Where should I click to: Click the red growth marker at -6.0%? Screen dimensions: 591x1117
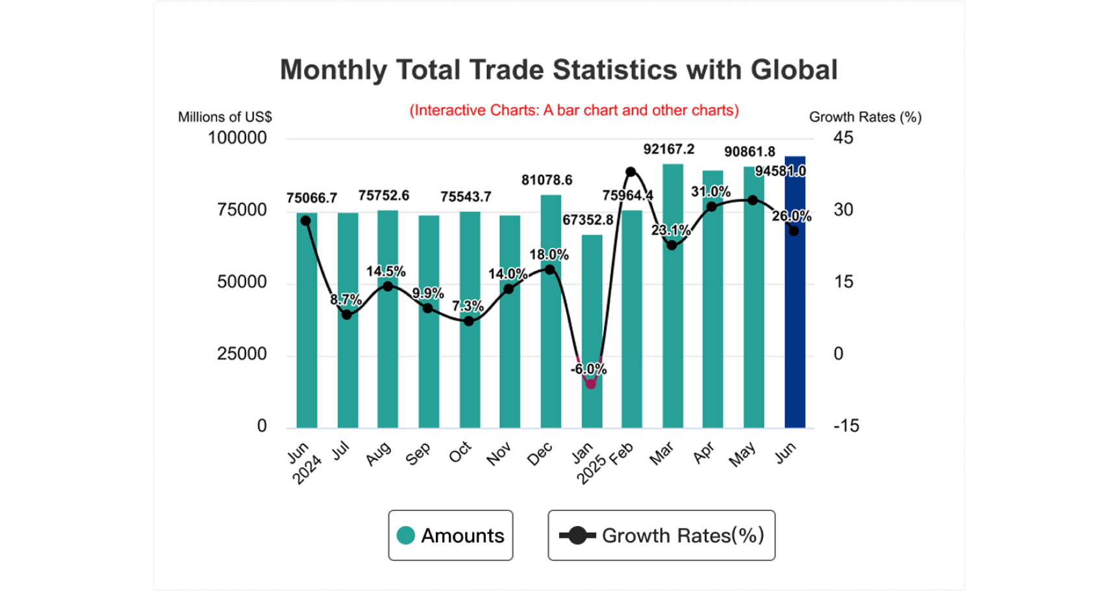pyautogui.click(x=591, y=384)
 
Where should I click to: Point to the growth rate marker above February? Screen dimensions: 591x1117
pyautogui.click(x=631, y=172)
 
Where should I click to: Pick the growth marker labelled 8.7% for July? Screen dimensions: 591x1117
pyautogui.click(x=347, y=315)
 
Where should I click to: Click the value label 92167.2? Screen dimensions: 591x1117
pyautogui.click(x=668, y=150)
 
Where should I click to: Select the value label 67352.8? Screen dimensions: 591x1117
pyautogui.click(x=587, y=220)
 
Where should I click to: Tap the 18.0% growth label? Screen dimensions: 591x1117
pyautogui.click(x=549, y=254)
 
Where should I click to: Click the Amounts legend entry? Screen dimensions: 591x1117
pyautogui.click(x=451, y=535)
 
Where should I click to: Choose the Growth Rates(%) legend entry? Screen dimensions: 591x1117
pyautogui.click(x=661, y=535)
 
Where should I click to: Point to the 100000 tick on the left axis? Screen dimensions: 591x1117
pyautogui.click(x=237, y=138)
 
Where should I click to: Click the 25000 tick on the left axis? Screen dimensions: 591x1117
pyautogui.click(x=242, y=354)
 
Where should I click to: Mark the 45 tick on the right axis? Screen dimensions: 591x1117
pyautogui.click(x=843, y=138)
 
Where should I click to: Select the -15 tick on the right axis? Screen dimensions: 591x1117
pyautogui.click(x=846, y=426)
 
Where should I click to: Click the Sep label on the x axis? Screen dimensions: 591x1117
pyautogui.click(x=418, y=454)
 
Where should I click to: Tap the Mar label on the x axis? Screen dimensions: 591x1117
pyautogui.click(x=661, y=454)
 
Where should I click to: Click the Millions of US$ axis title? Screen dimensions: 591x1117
pyautogui.click(x=225, y=117)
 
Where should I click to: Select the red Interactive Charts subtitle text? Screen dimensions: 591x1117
pyautogui.click(x=574, y=111)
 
